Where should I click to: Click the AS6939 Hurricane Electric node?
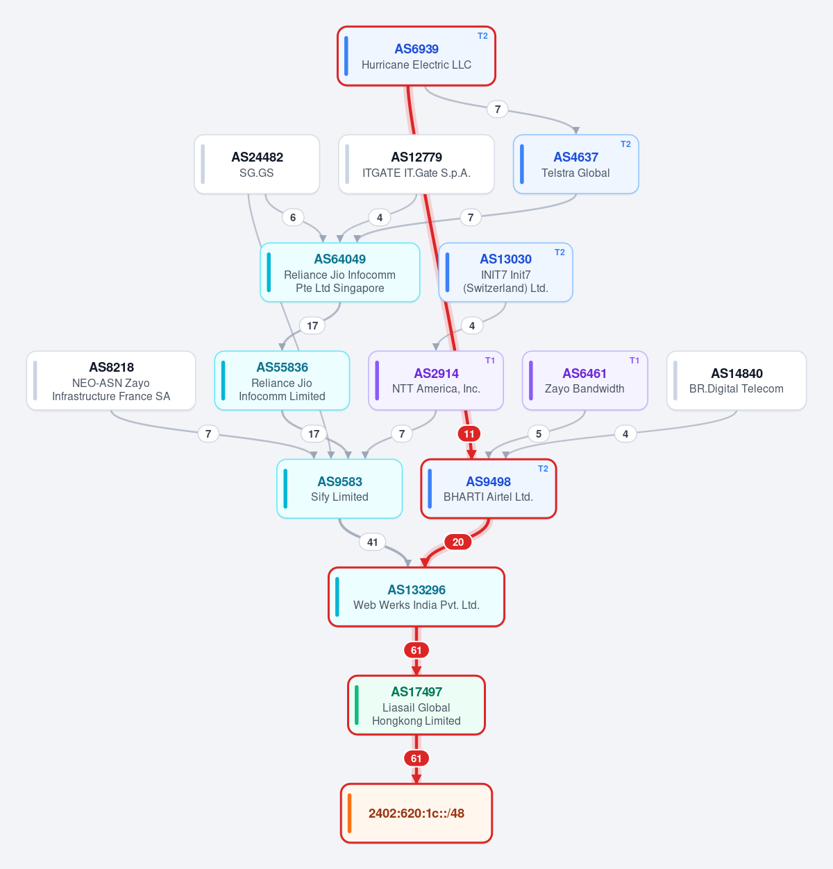[416, 55]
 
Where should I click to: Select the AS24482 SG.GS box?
[257, 164]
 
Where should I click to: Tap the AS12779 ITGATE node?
[416, 164]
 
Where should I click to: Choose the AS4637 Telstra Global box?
[575, 164]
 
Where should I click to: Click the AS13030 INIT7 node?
[505, 273]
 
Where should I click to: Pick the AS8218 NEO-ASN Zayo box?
[111, 381]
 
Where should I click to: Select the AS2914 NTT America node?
[436, 381]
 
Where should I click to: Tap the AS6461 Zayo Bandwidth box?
[584, 381]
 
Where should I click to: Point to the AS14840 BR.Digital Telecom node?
[737, 381]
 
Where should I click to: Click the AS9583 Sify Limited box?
[339, 488]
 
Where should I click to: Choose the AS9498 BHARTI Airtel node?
[489, 488]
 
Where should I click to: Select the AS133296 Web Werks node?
[416, 597]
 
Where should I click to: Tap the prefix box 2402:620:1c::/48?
[416, 814]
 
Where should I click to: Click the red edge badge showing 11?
[469, 433]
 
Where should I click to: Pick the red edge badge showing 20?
[458, 542]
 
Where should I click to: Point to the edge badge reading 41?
[372, 542]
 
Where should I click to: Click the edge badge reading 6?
[293, 218]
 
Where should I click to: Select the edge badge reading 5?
[539, 433]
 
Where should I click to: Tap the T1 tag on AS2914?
[490, 361]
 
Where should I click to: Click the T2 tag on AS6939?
[482, 36]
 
